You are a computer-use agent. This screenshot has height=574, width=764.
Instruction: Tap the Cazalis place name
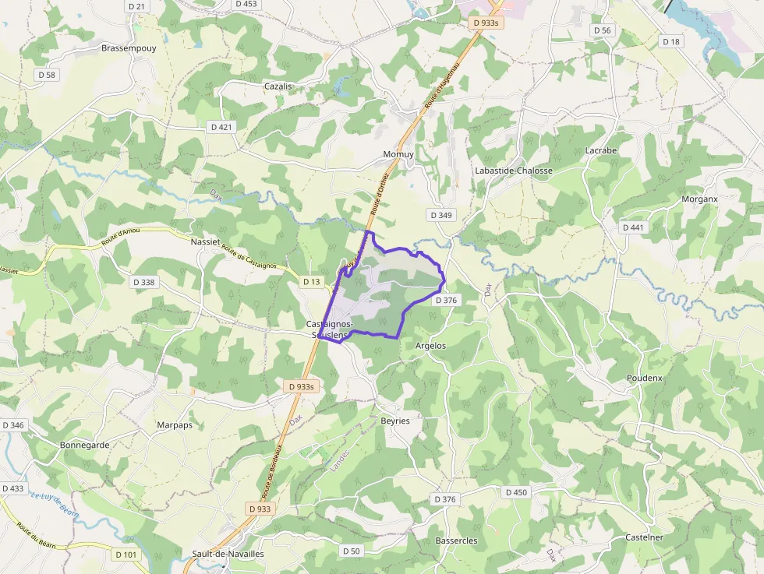coord(278,86)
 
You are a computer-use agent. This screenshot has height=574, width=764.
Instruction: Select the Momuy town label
coord(398,154)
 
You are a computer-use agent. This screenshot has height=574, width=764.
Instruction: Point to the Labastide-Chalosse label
coord(514,171)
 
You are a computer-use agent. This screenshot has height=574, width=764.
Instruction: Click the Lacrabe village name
coord(600,150)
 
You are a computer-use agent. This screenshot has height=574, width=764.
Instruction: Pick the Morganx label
coord(699,199)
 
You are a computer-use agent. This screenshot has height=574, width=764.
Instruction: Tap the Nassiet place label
coord(206,242)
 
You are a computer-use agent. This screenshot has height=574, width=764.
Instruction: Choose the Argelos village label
coord(431,345)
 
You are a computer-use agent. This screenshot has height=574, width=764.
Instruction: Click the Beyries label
coord(395,421)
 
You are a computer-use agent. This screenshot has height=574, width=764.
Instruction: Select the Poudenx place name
coord(645,378)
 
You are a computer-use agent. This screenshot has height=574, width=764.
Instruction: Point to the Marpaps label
coord(175,425)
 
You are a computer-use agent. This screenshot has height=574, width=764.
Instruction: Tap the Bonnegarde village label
coord(84,445)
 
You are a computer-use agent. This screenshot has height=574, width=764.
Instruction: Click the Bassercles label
coord(456,541)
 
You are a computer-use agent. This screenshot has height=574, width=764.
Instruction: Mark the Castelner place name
coord(644,537)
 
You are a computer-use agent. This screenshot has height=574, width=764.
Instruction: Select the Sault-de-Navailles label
coord(228,554)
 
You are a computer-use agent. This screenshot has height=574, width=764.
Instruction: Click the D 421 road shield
coord(221,126)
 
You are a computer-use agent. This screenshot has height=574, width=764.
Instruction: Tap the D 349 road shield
coord(440,214)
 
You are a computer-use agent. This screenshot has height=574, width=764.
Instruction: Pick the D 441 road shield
coord(634,227)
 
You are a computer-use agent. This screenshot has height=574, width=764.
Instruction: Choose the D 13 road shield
coord(312,281)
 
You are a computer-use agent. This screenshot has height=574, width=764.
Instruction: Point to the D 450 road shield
coord(516,492)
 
